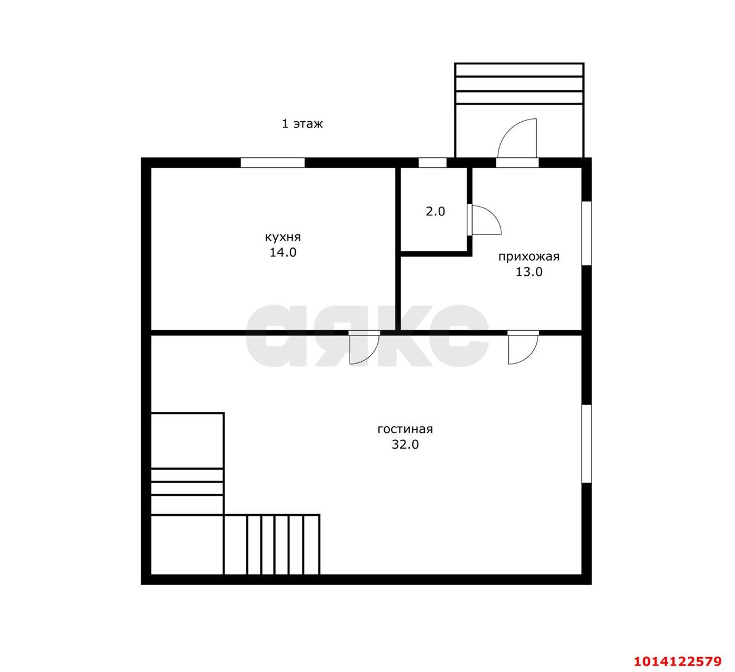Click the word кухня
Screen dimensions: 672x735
(283, 237)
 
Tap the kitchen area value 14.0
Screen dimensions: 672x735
(283, 252)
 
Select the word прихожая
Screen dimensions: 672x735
(528, 257)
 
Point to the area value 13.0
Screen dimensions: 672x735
(528, 272)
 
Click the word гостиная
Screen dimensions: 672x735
(405, 429)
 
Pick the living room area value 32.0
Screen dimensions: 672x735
(405, 444)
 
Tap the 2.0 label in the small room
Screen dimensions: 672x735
(435, 211)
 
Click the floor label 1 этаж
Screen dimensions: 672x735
(302, 123)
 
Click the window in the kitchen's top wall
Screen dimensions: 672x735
(272, 163)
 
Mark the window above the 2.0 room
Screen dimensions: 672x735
(432, 163)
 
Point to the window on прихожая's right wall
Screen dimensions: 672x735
(586, 233)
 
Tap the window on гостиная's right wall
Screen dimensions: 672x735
(586, 443)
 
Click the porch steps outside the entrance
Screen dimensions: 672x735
(519, 84)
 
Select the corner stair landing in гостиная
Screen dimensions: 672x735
(187, 544)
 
